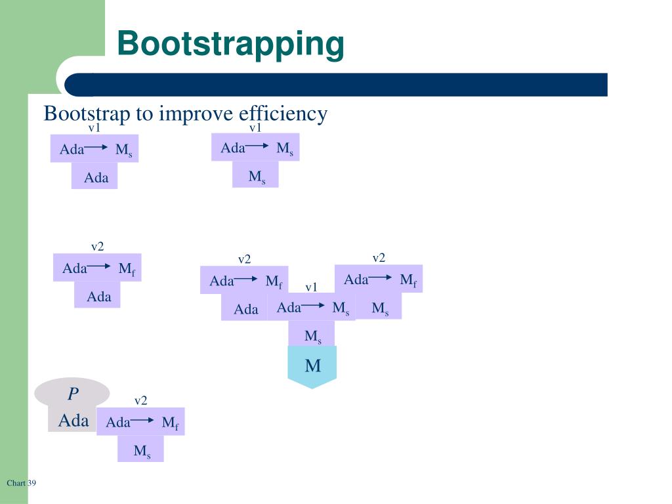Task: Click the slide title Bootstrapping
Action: click(x=230, y=45)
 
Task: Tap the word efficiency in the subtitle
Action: click(x=283, y=114)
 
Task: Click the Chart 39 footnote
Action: click(x=21, y=483)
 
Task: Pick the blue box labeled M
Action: click(x=312, y=366)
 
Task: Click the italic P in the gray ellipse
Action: click(x=73, y=394)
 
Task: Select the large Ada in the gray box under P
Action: click(x=73, y=420)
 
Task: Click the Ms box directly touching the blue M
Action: click(x=312, y=336)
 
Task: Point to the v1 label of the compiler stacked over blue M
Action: click(x=311, y=287)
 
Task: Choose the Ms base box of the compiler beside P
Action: click(x=141, y=451)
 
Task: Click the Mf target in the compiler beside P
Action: click(x=170, y=423)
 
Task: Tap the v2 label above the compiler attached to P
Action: click(x=141, y=401)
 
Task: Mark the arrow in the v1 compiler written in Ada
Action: click(x=96, y=148)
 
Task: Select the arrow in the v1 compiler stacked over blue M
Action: click(x=313, y=306)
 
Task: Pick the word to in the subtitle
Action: click(x=144, y=114)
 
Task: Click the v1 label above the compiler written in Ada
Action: click(x=94, y=127)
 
